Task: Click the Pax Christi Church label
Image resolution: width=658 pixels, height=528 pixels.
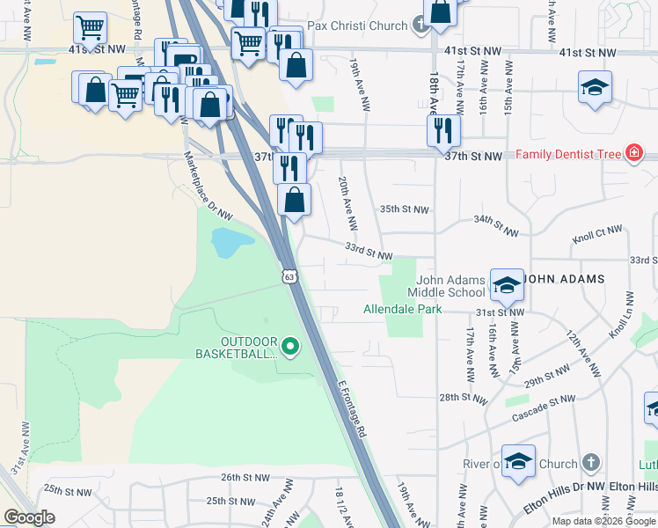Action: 363,26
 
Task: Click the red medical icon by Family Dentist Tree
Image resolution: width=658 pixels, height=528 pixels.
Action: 632,155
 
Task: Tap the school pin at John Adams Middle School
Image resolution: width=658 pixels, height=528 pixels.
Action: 507,285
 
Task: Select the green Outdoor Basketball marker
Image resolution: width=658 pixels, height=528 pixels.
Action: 290,348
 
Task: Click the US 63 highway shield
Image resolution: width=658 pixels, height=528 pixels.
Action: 289,277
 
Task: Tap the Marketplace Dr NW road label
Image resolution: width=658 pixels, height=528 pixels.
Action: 208,184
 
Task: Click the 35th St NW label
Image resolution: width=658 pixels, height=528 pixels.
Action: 404,210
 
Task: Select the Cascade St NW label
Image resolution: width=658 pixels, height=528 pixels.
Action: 545,402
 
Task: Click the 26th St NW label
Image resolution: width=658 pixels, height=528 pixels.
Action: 244,478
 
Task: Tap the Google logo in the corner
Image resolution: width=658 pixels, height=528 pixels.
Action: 29,517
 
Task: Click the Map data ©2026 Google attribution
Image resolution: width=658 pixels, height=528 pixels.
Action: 603,521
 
